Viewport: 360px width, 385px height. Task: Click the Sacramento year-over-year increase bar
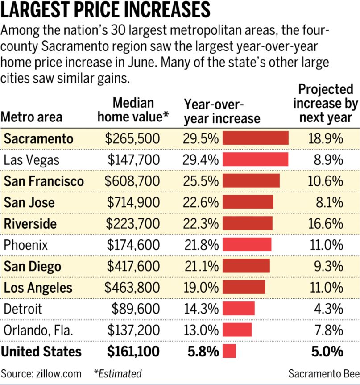point(255,138)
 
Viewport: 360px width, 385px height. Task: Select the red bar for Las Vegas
point(255,159)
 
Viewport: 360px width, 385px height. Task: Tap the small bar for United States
point(229,351)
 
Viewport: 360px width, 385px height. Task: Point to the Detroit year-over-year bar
point(238,309)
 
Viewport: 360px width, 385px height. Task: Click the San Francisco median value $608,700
point(132,181)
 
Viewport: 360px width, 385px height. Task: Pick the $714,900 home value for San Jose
point(133,202)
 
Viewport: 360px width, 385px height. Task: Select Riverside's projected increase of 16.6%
point(325,224)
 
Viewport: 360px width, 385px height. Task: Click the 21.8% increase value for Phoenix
point(200,245)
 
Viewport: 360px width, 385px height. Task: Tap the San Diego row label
point(33,266)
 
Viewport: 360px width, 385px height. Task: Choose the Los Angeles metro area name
point(38,288)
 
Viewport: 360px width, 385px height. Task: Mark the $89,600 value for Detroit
point(137,309)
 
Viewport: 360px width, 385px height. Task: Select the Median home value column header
point(133,110)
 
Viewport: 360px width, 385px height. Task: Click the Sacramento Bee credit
point(322,373)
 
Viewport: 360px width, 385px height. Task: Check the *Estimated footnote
point(117,373)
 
